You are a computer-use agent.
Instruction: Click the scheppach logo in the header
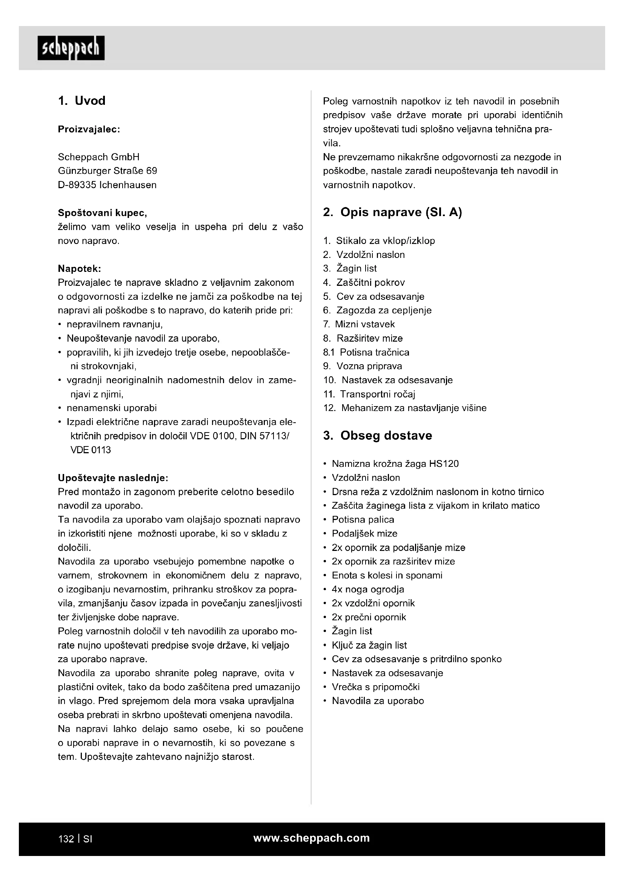tap(71, 48)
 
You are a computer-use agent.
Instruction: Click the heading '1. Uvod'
tap(81, 101)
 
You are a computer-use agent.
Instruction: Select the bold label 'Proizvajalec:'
tap(89, 129)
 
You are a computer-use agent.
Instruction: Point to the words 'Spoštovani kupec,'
tap(102, 213)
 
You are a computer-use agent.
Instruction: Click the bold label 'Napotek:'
tap(80, 268)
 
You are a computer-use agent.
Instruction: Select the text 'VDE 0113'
tap(91, 450)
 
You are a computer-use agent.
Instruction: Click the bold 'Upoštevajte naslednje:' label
tap(113, 478)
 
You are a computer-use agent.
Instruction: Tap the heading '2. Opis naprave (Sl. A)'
tap(392, 212)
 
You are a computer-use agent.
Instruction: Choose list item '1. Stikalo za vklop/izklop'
tap(379, 241)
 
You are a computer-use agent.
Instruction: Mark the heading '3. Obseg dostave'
tap(377, 436)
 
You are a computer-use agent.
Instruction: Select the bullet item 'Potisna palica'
tap(363, 520)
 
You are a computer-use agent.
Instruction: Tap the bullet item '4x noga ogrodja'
tap(368, 589)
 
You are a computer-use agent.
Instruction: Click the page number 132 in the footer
tap(66, 839)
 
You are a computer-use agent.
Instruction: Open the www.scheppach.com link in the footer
tap(312, 838)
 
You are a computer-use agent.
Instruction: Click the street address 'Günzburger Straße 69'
tap(108, 171)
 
